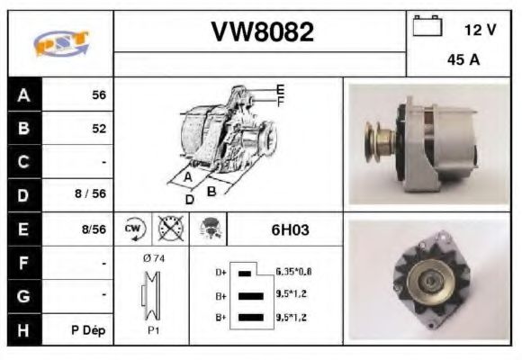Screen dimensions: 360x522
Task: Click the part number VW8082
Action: click(262, 33)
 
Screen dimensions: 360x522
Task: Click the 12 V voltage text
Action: click(480, 30)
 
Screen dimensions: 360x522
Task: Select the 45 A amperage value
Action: click(462, 60)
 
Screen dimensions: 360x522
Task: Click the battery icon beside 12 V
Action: click(424, 27)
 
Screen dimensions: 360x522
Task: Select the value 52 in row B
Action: click(98, 129)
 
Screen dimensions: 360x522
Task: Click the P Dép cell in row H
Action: click(89, 329)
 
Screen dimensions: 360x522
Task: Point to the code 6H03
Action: click(290, 229)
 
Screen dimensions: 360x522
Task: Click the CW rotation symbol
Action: click(133, 229)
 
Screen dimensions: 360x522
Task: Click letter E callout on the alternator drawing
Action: click(280, 90)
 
